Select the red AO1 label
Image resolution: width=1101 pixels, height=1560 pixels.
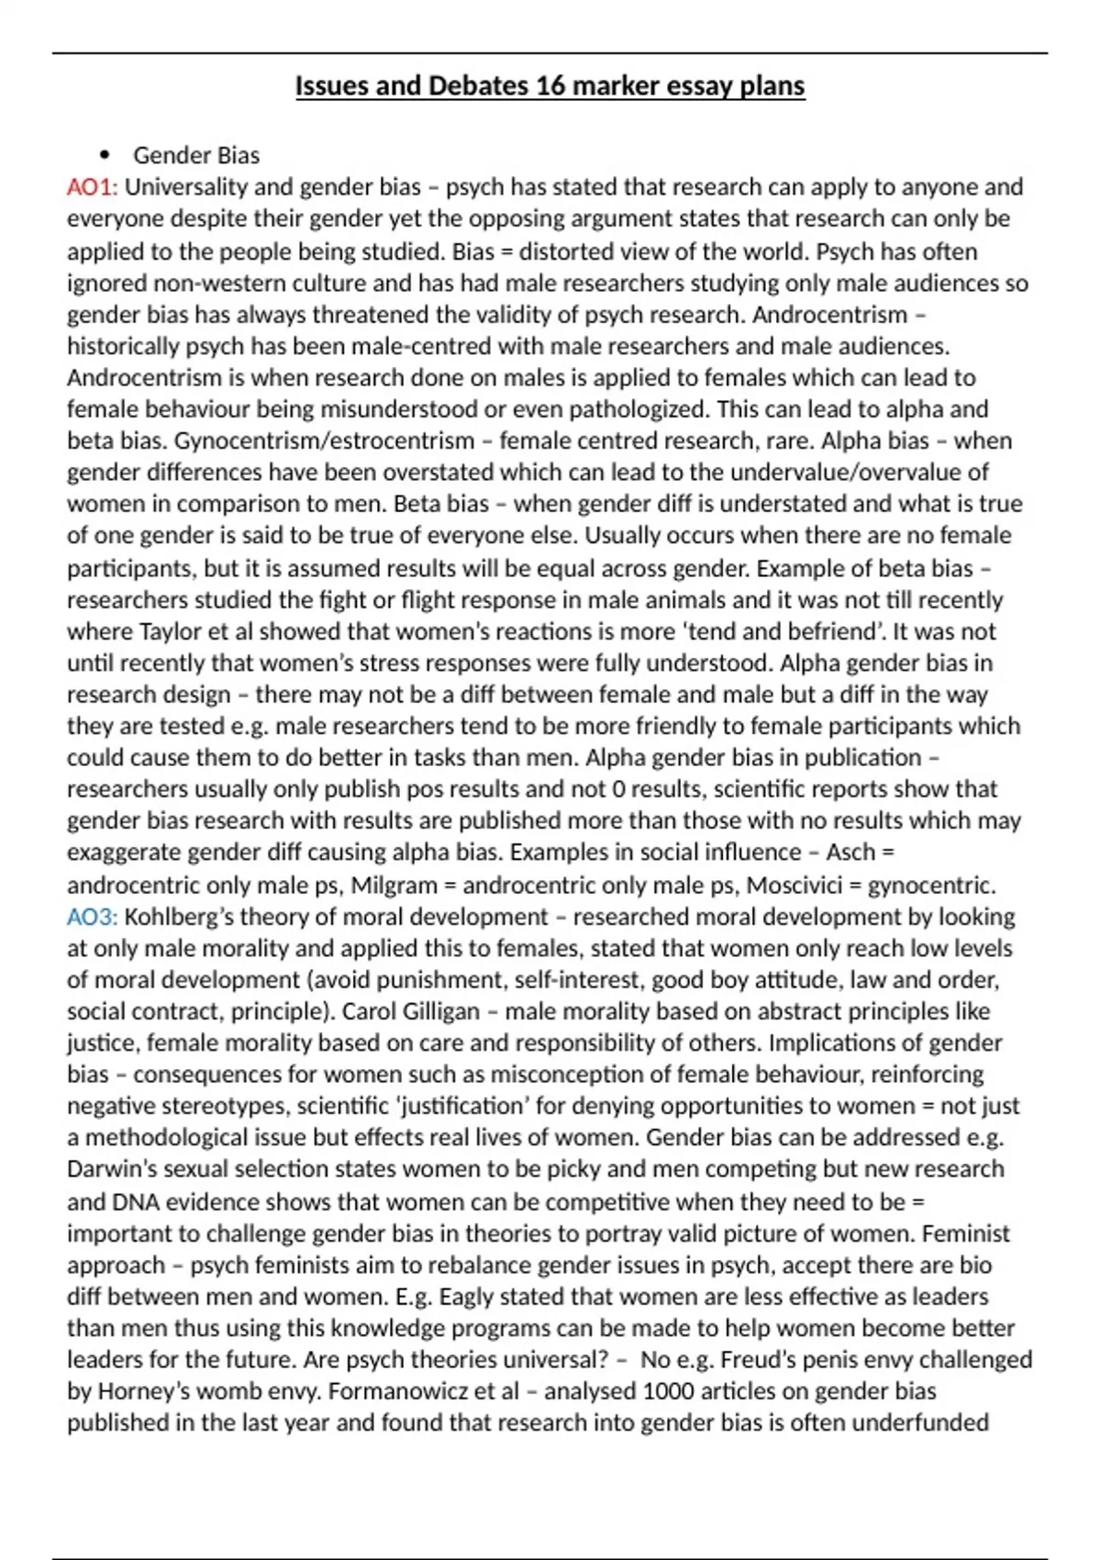click(x=92, y=187)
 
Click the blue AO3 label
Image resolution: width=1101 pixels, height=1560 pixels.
click(x=92, y=917)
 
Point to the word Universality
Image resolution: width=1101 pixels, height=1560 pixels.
click(x=186, y=187)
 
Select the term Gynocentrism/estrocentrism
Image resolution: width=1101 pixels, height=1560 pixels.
click(x=324, y=440)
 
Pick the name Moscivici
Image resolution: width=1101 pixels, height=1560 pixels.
click(x=797, y=886)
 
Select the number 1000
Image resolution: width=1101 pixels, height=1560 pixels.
click(x=669, y=1392)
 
